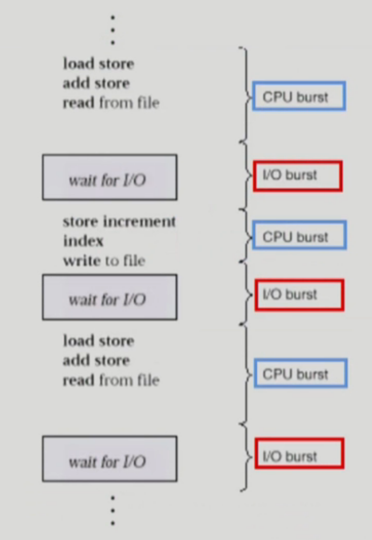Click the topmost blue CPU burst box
click(x=299, y=96)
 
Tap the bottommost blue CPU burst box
click(x=299, y=373)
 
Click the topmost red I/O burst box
click(x=297, y=176)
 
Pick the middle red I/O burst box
click(x=299, y=295)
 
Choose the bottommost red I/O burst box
click(x=299, y=453)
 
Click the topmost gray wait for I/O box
click(x=110, y=177)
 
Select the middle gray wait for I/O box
click(x=110, y=297)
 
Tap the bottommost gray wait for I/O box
click(x=110, y=459)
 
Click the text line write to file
click(x=104, y=260)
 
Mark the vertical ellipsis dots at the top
click(x=113, y=30)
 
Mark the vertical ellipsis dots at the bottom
click(x=113, y=510)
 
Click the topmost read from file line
click(x=111, y=102)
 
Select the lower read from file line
click(x=111, y=380)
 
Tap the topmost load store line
click(x=98, y=64)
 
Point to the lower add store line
click(x=96, y=361)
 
